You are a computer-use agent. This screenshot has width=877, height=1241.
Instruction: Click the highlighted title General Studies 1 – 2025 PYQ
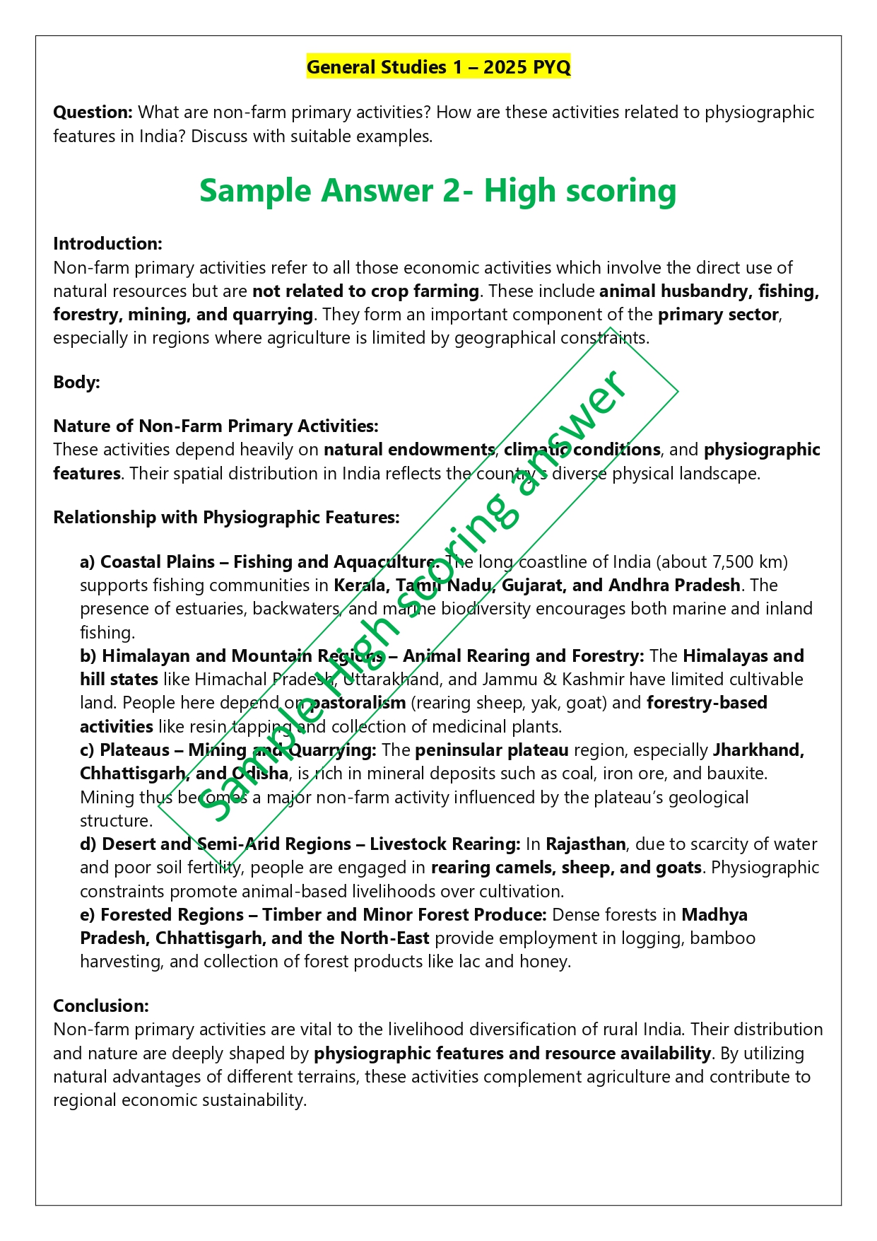point(438,67)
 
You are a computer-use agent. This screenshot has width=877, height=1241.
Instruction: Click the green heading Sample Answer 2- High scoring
point(437,191)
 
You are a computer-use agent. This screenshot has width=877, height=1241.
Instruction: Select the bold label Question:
point(93,112)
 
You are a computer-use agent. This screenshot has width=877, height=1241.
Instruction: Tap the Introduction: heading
point(107,244)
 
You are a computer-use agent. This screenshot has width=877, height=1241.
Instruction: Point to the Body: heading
point(76,383)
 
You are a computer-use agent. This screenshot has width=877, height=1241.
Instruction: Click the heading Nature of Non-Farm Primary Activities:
point(216,426)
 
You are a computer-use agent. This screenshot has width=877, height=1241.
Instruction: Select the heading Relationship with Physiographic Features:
point(226,518)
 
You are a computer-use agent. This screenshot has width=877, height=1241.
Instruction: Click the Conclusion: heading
point(101,1006)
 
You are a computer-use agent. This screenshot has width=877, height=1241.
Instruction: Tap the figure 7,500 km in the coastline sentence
point(748,562)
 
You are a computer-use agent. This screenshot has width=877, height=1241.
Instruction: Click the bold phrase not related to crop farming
point(365,291)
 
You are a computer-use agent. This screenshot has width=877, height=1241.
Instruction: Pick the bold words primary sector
point(718,315)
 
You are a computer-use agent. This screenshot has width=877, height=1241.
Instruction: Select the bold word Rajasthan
point(585,844)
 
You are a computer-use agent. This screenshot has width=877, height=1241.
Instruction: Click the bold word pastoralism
point(358,703)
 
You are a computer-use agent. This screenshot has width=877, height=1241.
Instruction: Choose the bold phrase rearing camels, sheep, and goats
point(566,868)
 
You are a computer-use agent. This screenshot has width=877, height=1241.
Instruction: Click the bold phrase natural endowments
point(409,450)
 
